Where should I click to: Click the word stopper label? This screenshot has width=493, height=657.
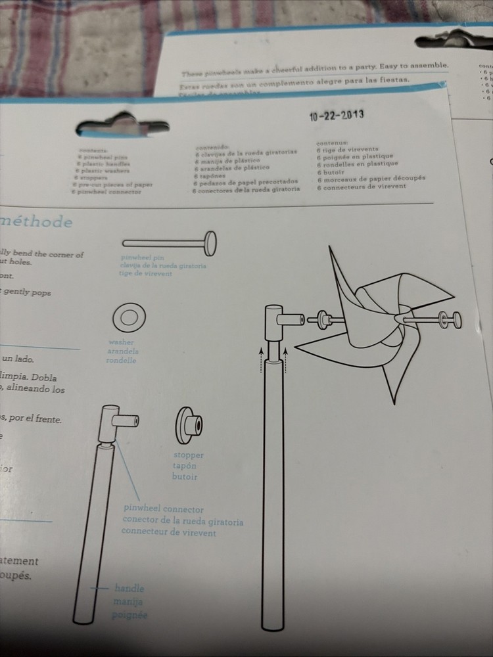pos(188,455)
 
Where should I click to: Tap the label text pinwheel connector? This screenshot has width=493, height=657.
pos(164,509)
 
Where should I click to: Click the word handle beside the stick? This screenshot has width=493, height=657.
pos(129,589)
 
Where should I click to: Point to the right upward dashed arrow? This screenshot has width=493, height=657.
pos(287,359)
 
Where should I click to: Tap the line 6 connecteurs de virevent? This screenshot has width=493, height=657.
pos(362,186)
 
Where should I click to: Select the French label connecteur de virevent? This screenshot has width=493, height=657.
pos(169,532)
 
